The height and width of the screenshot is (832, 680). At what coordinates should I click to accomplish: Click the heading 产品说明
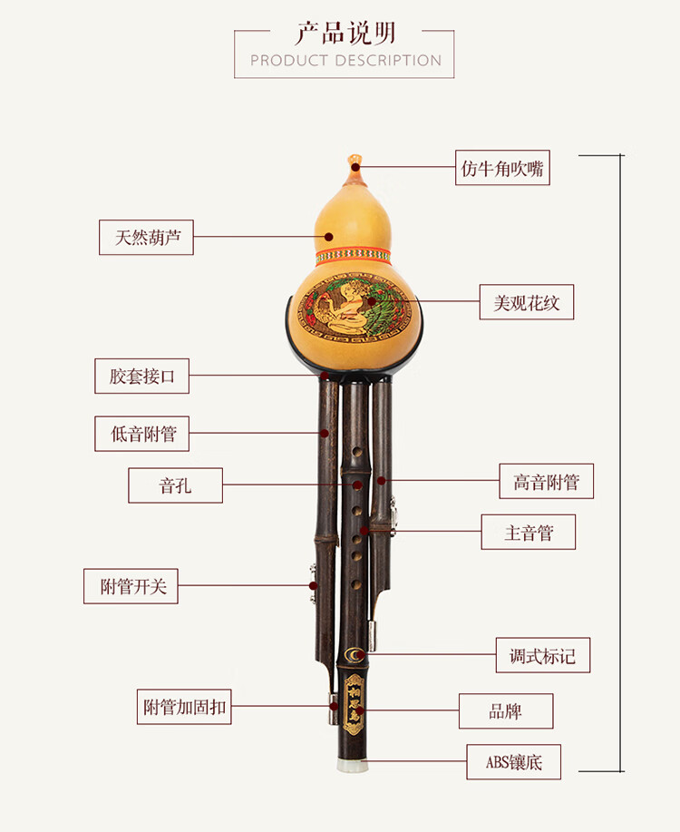[345, 34]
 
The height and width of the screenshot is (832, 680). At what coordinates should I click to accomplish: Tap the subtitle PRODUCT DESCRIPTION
[345, 61]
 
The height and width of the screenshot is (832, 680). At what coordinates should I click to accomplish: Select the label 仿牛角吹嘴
[503, 168]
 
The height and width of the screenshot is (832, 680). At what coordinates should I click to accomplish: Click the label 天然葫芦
[146, 238]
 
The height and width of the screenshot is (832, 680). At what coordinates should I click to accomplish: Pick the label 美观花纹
[527, 302]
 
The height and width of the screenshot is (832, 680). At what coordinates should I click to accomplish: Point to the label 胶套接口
[142, 376]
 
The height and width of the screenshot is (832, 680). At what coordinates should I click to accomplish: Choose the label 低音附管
[142, 434]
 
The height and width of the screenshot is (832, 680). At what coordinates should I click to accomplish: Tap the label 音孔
[176, 485]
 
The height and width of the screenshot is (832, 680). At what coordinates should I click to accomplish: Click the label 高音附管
[547, 482]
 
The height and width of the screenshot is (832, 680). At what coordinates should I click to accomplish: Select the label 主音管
[529, 532]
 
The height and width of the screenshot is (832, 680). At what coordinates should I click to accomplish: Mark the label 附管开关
[133, 586]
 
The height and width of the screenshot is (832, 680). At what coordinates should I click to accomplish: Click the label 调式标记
[543, 655]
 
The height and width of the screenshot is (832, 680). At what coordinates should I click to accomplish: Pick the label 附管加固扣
[183, 707]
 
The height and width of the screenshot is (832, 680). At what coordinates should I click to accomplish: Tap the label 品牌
[506, 711]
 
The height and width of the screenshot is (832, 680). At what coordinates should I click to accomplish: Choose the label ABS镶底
[514, 762]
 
